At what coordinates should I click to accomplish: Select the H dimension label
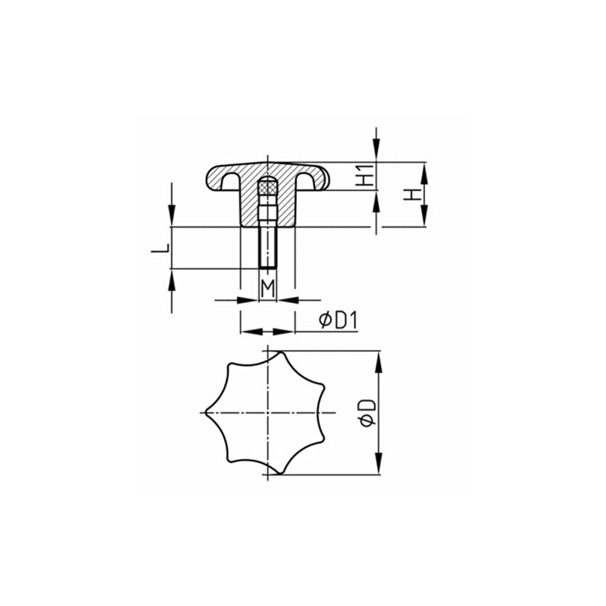pos(412,195)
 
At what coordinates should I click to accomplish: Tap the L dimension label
pos(160,248)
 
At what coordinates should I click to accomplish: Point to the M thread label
pos(267,288)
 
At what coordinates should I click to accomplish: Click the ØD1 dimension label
pos(339,320)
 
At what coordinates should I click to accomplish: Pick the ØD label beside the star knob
pos(367,413)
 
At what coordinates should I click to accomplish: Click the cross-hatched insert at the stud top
pos(267,188)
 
